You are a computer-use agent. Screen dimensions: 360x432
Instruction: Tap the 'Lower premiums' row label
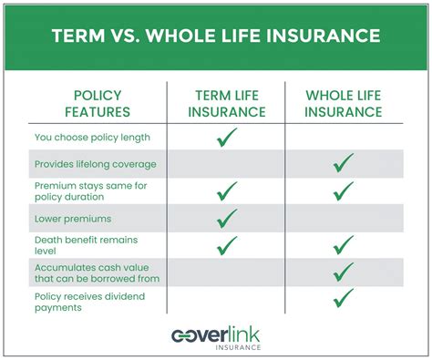point(72,219)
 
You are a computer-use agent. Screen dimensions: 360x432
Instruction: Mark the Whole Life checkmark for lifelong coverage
point(344,165)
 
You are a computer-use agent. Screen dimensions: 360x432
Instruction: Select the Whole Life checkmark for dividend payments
point(344,298)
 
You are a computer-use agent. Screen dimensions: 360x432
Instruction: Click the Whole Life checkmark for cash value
point(344,272)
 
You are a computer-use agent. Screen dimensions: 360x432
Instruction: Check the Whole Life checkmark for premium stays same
point(344,191)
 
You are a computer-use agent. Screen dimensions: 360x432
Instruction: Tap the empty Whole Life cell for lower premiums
point(344,219)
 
